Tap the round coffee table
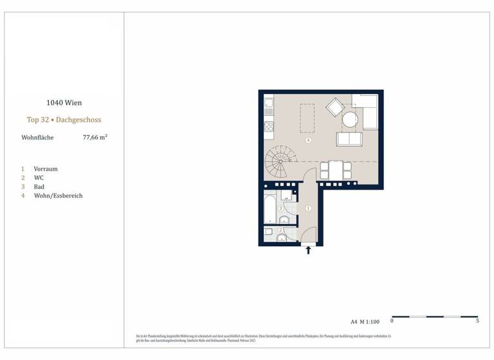(x=349, y=120)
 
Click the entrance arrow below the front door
(x=308, y=250)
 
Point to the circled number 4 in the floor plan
(x=309, y=140)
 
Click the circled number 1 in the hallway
(x=309, y=208)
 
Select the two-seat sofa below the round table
(x=349, y=139)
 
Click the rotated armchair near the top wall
(x=335, y=107)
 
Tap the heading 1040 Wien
(x=64, y=102)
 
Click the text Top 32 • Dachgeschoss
(x=64, y=120)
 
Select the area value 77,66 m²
(x=95, y=137)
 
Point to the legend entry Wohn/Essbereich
(x=58, y=195)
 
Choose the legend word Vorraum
(x=46, y=169)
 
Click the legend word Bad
(x=40, y=186)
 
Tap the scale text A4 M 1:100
(x=365, y=321)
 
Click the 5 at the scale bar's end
(x=477, y=321)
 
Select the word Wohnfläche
(x=38, y=138)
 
